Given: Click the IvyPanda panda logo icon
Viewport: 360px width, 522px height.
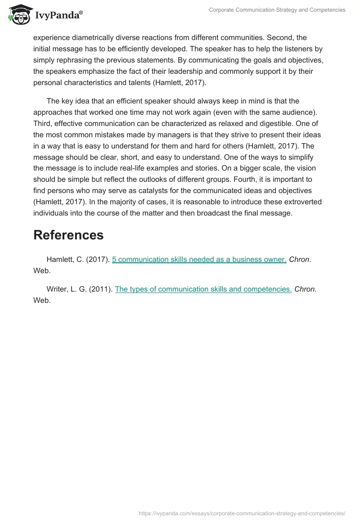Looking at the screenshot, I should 18,15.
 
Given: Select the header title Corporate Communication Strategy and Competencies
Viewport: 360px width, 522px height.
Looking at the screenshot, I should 277,10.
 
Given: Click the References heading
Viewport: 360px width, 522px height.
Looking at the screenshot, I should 68,235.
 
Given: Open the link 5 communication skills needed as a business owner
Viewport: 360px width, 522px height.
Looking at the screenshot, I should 199,260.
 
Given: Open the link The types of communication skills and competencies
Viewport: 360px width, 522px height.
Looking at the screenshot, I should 203,289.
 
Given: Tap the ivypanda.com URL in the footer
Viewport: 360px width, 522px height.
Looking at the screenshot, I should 242,513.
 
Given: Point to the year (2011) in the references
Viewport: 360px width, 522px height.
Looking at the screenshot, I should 101,289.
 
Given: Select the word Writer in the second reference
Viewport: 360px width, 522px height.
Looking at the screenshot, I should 57,289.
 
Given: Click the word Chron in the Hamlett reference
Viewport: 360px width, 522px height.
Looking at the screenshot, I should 299,260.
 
